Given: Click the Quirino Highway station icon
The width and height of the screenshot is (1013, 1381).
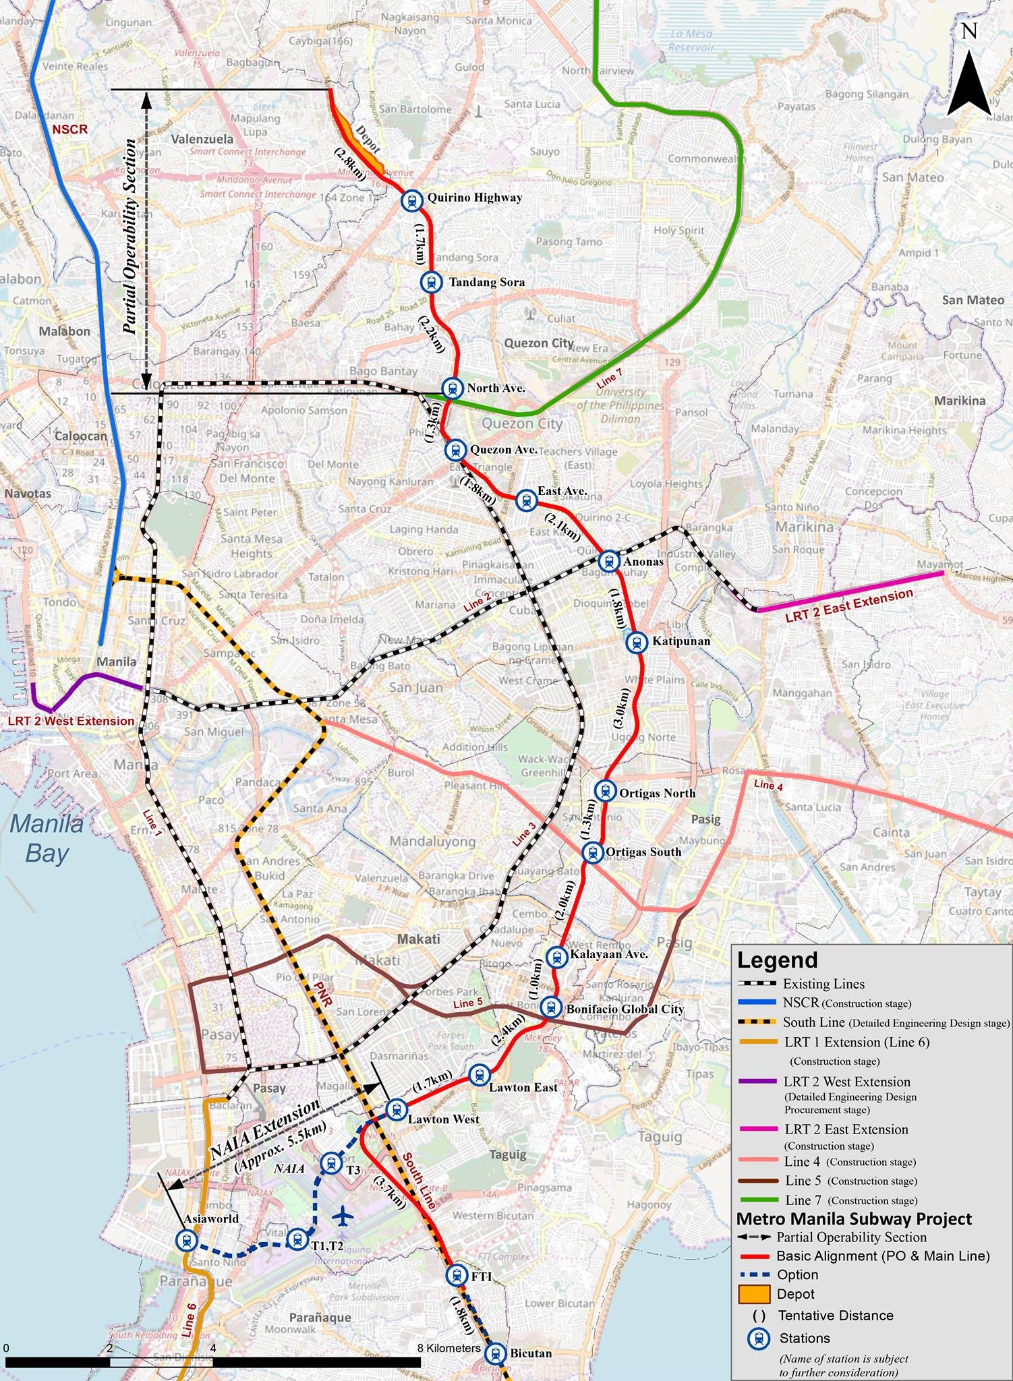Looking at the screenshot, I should tap(411, 200).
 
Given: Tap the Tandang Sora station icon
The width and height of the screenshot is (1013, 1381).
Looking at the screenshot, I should tap(431, 283).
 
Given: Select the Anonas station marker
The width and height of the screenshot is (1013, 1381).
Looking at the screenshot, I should tap(608, 560).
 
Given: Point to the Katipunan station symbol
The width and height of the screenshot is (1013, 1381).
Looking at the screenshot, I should tap(636, 642).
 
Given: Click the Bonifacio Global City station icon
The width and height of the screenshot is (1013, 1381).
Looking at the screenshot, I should tap(550, 1007).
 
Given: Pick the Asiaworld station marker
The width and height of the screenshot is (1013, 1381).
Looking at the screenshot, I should tap(186, 1240).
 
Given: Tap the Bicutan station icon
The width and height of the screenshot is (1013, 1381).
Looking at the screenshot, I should tap(495, 1353).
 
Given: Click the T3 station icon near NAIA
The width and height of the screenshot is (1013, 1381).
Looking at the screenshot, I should tap(330, 1162).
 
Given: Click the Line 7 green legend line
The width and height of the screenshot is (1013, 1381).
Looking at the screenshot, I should tap(757, 1200).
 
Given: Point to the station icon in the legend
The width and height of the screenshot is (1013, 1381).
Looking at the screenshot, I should tap(759, 1339).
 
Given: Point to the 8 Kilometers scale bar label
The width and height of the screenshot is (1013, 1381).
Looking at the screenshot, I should tap(448, 1349).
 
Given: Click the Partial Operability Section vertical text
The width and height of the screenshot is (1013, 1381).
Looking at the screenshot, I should tap(131, 236).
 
